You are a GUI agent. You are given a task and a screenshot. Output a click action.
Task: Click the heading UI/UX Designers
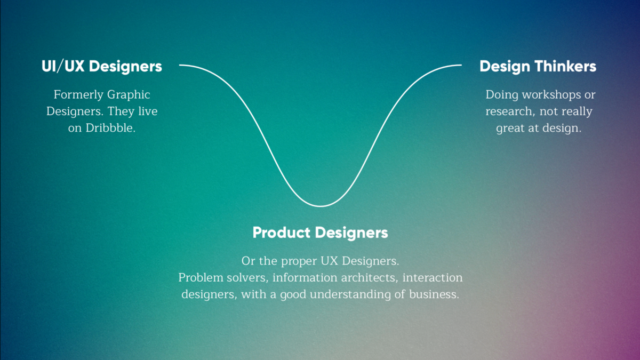coord(102,67)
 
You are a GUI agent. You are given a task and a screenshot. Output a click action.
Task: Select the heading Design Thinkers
coord(538,67)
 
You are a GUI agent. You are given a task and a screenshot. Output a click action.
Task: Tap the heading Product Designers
coord(321,233)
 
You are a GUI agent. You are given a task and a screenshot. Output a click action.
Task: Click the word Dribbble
coord(110,127)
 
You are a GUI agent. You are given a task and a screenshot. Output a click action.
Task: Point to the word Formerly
coord(78,95)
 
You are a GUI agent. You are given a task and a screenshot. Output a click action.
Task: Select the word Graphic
coord(129,95)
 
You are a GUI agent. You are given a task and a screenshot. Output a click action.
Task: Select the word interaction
coord(433,278)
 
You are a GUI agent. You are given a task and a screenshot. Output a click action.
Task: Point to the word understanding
coord(350,294)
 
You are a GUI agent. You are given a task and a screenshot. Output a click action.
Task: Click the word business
coord(434,294)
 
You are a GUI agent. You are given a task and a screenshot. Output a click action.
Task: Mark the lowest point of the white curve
coord(321,206)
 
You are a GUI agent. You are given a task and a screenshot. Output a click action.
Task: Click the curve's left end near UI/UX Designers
coord(180,65)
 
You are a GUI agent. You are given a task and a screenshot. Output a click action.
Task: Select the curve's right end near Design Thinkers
coord(461,65)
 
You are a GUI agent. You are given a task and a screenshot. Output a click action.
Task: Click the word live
coord(148,111)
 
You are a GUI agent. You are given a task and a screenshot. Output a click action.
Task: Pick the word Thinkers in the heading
coord(565,66)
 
